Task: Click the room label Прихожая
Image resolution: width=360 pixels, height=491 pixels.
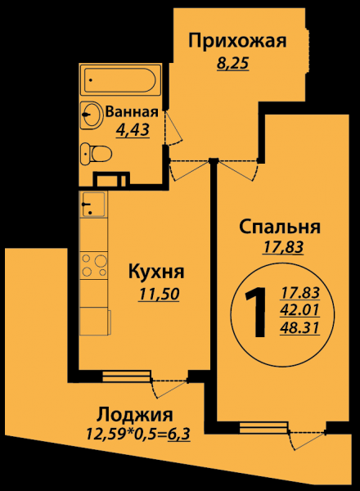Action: (x=237, y=42)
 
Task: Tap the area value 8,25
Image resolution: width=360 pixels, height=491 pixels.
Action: (x=232, y=63)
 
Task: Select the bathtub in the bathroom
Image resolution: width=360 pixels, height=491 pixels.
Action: (x=120, y=80)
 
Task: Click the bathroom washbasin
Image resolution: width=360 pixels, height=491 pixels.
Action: (x=91, y=115)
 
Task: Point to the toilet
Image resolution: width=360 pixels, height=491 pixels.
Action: (x=96, y=154)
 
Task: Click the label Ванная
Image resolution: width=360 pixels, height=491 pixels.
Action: (x=132, y=112)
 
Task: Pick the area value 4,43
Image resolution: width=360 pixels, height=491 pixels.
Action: (x=133, y=129)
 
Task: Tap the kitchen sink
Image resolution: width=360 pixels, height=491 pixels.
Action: (x=93, y=204)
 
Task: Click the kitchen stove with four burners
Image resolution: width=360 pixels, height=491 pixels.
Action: (x=93, y=265)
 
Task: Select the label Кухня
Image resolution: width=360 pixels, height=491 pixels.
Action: (x=156, y=272)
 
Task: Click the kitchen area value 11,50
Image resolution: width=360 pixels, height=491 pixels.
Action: (x=159, y=294)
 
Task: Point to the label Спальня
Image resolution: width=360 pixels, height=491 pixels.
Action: (x=280, y=227)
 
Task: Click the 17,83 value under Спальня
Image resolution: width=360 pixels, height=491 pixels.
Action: (x=283, y=247)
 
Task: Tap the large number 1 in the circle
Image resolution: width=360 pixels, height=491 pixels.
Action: (x=256, y=313)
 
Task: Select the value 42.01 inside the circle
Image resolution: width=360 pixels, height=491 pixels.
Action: (x=300, y=310)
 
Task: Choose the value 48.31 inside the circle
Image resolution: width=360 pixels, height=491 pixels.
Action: (x=300, y=328)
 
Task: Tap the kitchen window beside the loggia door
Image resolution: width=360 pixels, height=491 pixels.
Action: (x=126, y=376)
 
